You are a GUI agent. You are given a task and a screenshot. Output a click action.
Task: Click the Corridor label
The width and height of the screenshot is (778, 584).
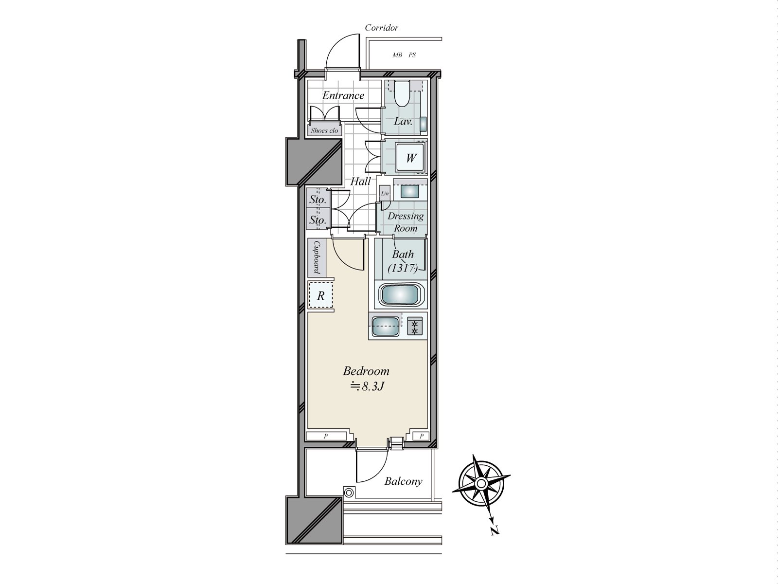[382, 28]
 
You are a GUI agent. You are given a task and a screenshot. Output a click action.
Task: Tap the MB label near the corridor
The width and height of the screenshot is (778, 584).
[397, 55]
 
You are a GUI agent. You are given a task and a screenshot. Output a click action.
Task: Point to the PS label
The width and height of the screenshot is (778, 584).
[412, 55]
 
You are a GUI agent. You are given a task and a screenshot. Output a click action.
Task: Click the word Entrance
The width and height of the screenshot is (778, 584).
[343, 95]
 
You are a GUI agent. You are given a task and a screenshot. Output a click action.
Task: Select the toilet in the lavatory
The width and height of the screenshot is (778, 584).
[402, 95]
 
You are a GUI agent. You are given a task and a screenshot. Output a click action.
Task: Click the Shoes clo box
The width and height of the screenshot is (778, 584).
[324, 130]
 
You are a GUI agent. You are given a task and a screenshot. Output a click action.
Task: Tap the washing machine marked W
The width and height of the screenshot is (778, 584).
[411, 158]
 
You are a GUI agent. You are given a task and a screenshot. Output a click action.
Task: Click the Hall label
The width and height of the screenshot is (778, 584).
[361, 182]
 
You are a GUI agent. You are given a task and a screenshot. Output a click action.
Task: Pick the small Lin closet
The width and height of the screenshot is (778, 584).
[385, 194]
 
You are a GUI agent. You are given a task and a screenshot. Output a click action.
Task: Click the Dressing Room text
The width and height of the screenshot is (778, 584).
[406, 222]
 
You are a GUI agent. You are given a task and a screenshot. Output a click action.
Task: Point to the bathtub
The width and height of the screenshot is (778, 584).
[401, 294]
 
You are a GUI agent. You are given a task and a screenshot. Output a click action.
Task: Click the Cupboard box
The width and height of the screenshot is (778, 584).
[316, 258]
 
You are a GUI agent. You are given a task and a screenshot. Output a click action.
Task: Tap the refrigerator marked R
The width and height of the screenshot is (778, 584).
[321, 295]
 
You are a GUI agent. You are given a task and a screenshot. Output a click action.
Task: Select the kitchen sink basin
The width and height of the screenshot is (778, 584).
[386, 326]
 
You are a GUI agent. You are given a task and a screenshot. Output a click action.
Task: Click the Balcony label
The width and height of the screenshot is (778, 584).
[403, 482]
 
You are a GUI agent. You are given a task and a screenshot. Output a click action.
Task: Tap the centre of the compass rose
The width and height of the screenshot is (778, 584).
[480, 483]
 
